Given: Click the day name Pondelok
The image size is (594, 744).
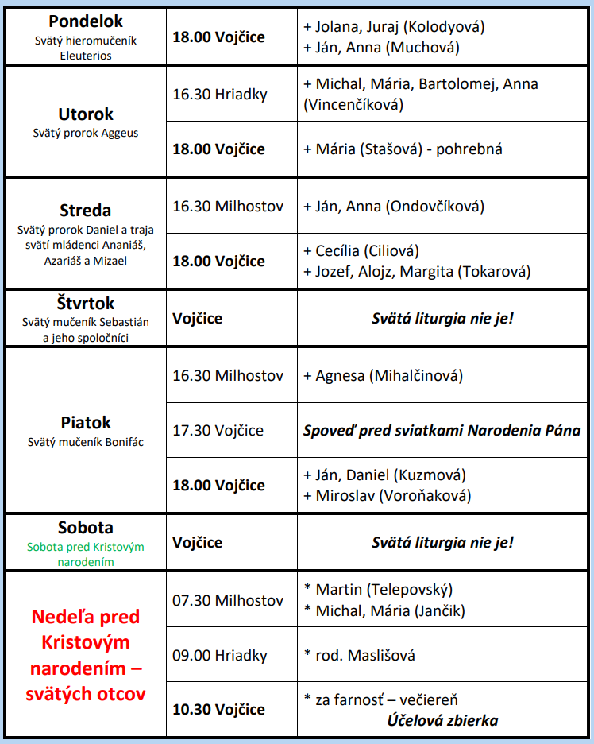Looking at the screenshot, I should pos(85,21).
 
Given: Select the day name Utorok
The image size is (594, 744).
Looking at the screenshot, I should pos(86,114).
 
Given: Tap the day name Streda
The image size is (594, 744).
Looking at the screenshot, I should pos(85,211).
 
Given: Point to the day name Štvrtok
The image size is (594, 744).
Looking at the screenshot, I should pos(86,304).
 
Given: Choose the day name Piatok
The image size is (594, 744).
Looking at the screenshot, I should pos(86,423).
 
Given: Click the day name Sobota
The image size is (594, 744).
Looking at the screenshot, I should pos(86,528).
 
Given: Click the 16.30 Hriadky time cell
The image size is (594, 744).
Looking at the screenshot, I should pos(220,95).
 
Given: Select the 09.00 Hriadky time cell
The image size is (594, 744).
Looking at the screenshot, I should pos(220,656).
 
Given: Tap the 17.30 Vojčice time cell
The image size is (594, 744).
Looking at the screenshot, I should pos(218,430).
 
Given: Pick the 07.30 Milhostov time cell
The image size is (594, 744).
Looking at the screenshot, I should pos(228,600).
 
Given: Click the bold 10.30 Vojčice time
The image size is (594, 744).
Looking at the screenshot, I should pos(219,709).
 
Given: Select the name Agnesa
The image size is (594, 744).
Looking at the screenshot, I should pos(340,375).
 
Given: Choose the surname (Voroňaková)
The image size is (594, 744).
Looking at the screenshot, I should pos(426,496).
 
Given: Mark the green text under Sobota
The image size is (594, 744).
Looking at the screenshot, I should pos(86,554).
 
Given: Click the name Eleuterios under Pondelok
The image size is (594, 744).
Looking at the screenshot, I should pos(86,56).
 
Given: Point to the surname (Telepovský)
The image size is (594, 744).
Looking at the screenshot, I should pos(409,590).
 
